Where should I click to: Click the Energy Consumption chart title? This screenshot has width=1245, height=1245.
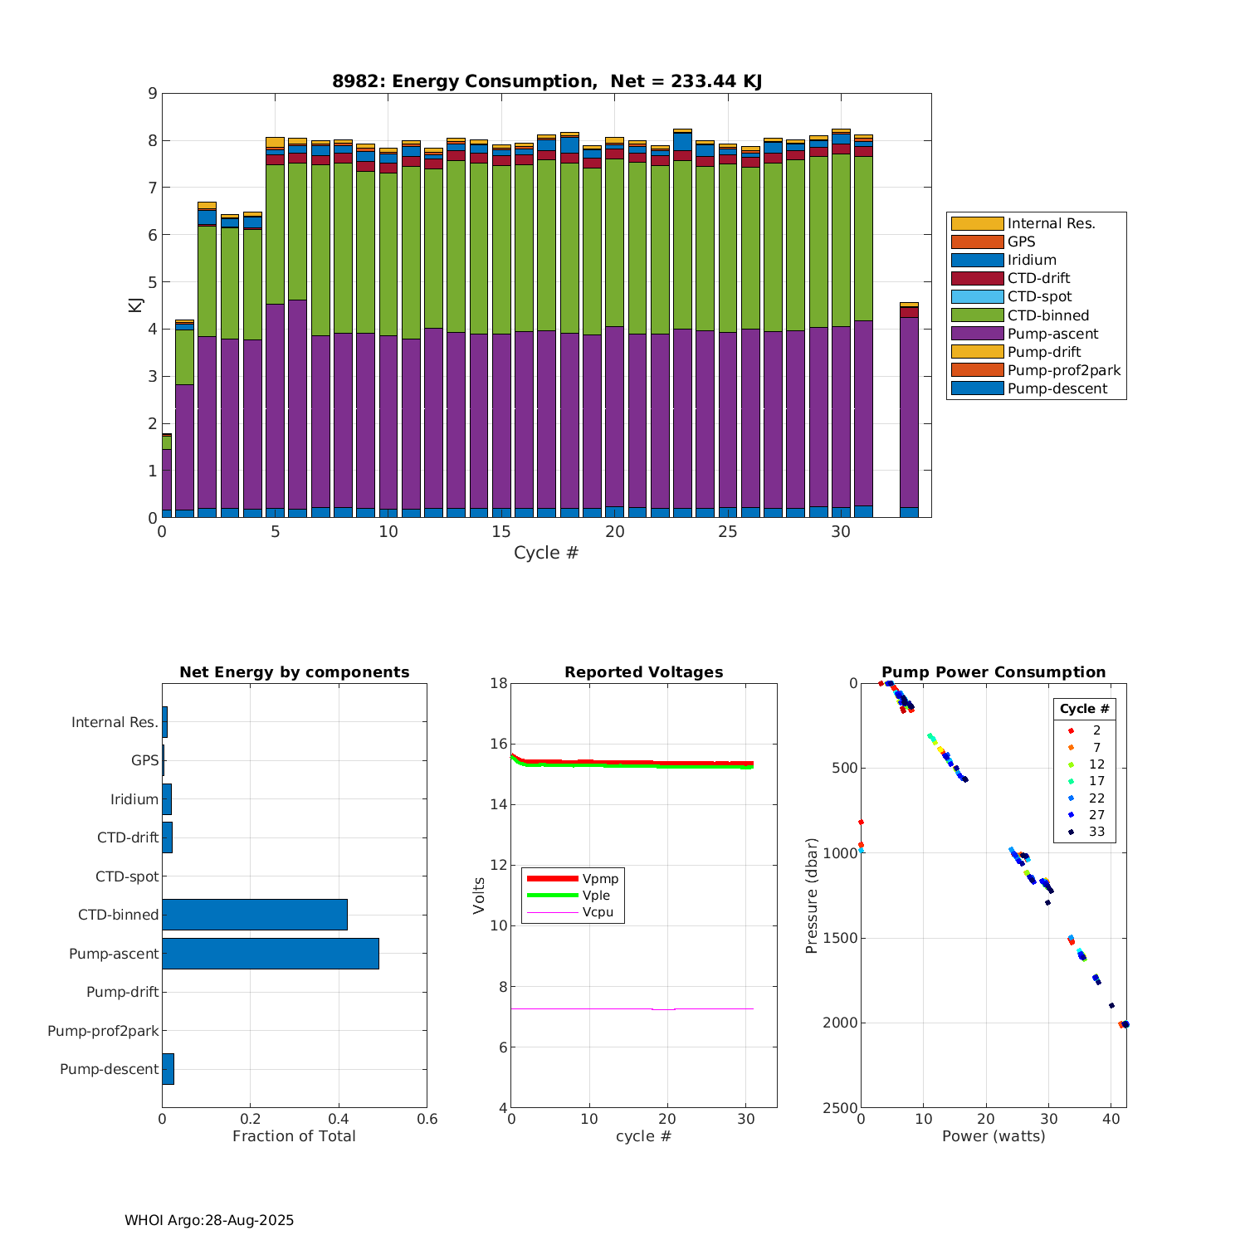point(547,81)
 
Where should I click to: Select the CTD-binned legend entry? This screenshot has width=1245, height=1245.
point(1047,315)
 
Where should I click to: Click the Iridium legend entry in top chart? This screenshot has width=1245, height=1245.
point(1031,260)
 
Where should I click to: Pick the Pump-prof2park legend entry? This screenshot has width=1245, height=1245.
point(1063,370)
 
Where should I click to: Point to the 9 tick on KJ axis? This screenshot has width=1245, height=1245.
point(152,93)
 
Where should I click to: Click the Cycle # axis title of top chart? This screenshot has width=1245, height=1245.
point(546,553)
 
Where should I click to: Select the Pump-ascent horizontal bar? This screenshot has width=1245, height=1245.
point(271,954)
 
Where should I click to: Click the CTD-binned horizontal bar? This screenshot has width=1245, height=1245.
point(255,915)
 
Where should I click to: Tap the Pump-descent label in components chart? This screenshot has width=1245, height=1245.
point(109,1069)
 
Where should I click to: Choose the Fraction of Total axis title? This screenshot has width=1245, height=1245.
point(294,1136)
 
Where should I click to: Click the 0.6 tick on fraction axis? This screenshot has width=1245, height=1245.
point(427,1119)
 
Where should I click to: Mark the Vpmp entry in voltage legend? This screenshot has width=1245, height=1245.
point(600,879)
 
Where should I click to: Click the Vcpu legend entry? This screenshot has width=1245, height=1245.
point(598,912)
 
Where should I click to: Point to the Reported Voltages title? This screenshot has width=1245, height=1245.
point(643,672)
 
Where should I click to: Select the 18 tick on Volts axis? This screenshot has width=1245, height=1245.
point(499,683)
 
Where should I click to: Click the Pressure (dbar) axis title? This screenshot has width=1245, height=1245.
point(812,896)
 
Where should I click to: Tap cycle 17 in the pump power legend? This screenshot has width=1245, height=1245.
point(1096,781)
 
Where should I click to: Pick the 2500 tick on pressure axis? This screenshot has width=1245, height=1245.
point(841,1108)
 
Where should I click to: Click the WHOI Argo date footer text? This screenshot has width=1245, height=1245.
point(209,1220)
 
